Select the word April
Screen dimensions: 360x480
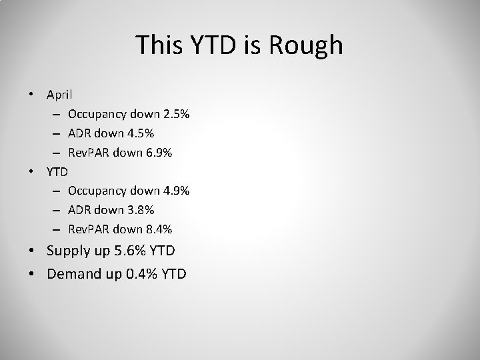[60, 95]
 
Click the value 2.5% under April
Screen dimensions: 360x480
[176, 115]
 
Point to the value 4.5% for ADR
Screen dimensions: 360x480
[141, 134]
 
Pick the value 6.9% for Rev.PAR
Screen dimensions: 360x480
[159, 153]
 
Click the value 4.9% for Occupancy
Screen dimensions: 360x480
[176, 191]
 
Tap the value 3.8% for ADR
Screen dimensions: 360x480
[141, 210]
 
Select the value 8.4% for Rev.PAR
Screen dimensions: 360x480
[159, 229]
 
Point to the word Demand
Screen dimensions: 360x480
[74, 273]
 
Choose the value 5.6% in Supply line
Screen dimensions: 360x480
[134, 251]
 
